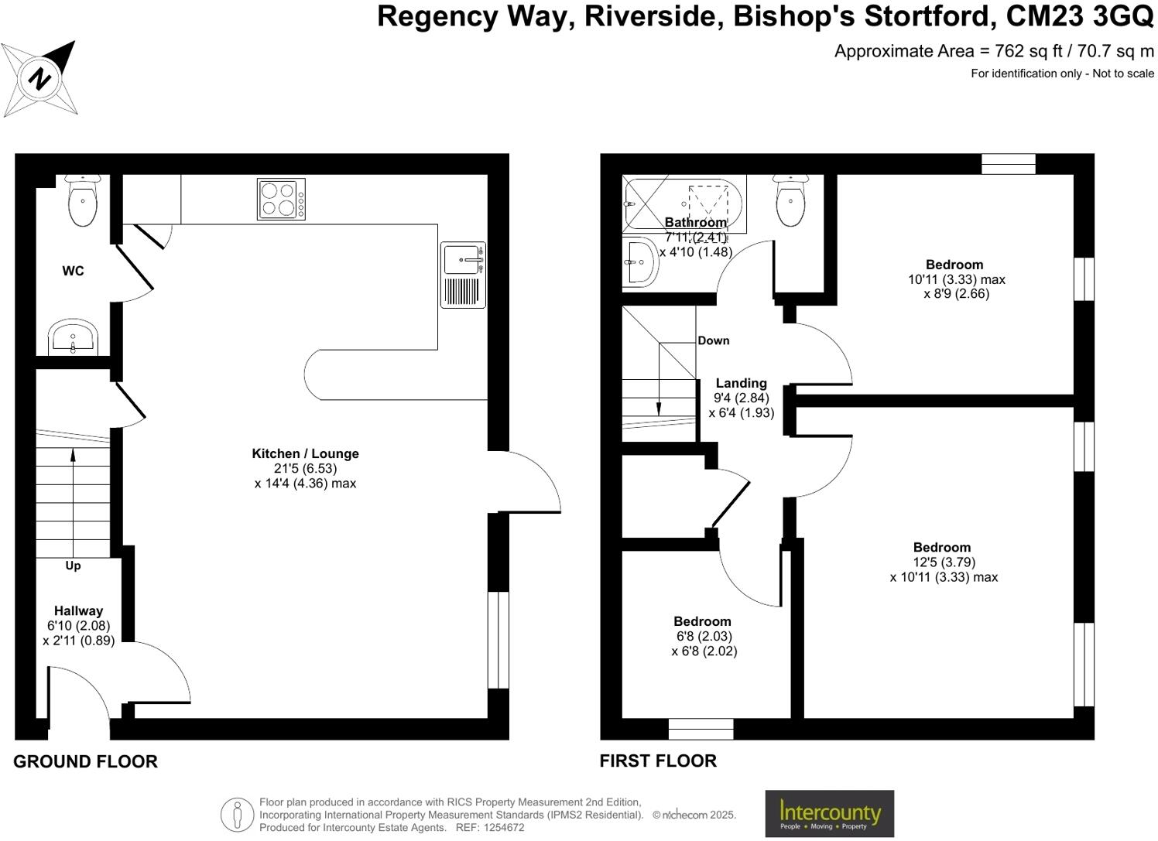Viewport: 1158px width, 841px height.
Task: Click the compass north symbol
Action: click(39, 79)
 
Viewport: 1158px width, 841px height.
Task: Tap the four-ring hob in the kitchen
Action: click(281, 199)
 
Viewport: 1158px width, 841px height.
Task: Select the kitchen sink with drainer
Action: click(464, 275)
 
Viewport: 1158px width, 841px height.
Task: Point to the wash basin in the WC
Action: click(73, 338)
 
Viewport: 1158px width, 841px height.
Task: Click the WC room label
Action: click(74, 271)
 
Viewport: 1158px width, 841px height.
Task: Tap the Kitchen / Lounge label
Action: click(305, 453)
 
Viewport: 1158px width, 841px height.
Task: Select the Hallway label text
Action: click(78, 610)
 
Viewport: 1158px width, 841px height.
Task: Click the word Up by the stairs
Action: click(73, 566)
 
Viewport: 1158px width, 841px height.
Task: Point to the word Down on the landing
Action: click(713, 340)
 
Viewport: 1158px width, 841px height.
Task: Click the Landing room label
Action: click(741, 383)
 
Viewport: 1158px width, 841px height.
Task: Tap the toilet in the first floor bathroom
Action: click(790, 201)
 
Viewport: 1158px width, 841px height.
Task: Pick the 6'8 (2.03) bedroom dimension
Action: click(704, 636)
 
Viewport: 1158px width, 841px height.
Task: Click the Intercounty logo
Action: click(829, 813)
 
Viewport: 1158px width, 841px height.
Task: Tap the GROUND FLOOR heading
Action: click(85, 761)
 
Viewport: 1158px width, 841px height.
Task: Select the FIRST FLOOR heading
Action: click(658, 761)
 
